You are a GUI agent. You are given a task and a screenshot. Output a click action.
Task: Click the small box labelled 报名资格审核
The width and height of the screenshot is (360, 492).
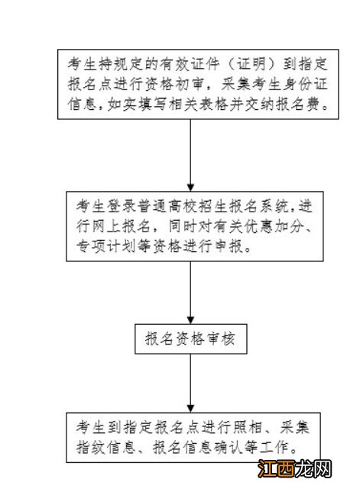[189, 339]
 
